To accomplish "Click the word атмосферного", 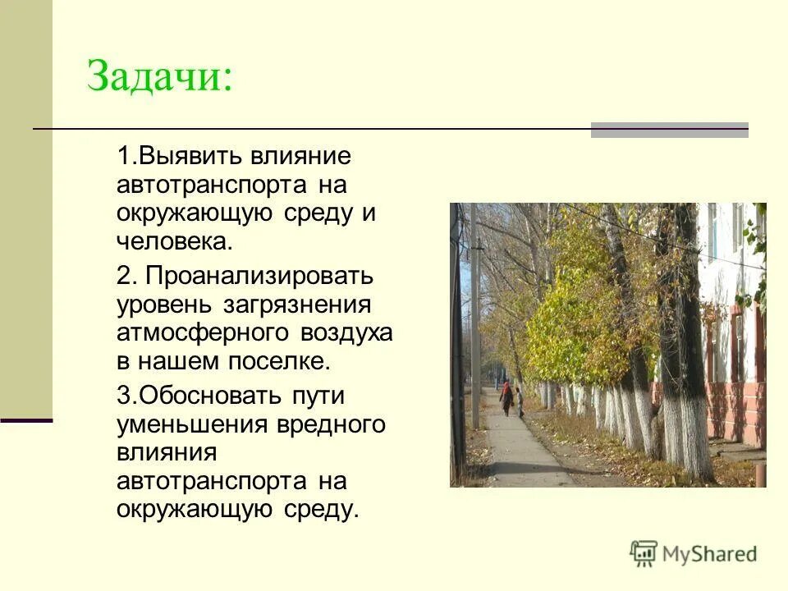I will [x=203, y=333].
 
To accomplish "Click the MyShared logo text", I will [x=710, y=554].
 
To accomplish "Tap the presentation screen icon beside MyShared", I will [x=644, y=554].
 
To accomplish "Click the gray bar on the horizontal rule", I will [x=669, y=130].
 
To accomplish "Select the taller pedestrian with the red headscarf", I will [x=506, y=397].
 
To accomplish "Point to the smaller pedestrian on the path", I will [x=519, y=402].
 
